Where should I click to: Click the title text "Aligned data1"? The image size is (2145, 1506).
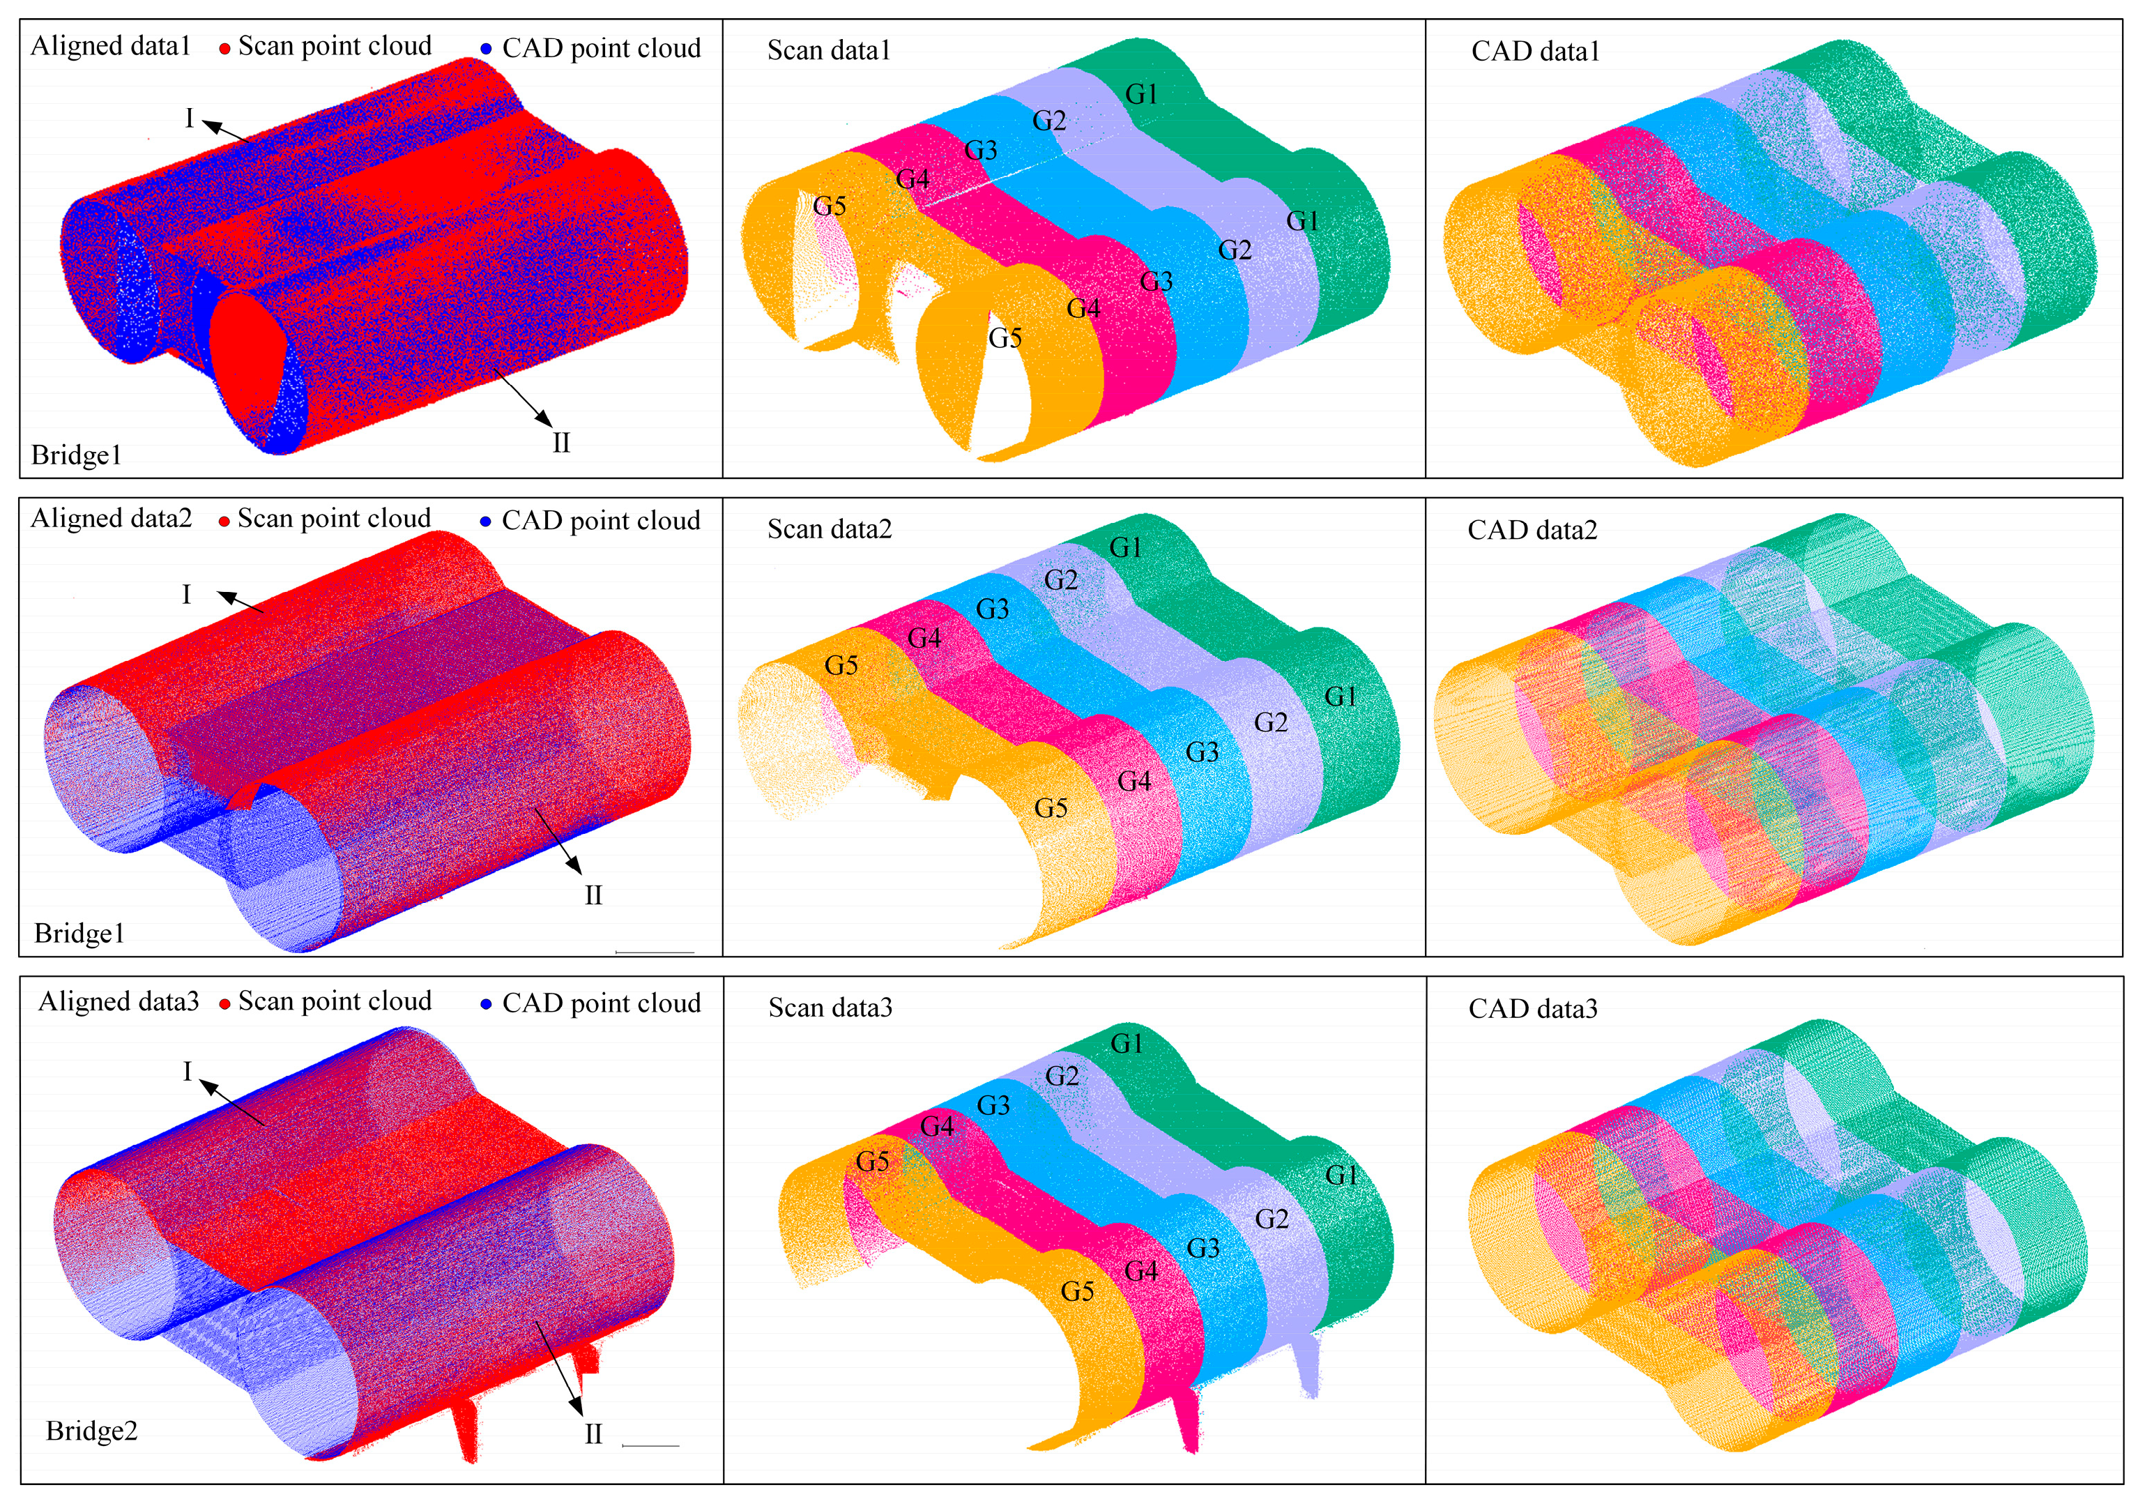coord(110,46)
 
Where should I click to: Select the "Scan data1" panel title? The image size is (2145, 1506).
coord(829,50)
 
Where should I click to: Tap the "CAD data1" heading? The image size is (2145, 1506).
coord(1535,52)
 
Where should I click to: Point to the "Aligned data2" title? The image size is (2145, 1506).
coord(111,519)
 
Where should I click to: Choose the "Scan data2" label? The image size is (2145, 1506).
coord(830,530)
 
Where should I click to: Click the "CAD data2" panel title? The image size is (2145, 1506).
coord(1532,531)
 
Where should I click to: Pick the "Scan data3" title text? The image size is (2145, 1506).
coord(830,1008)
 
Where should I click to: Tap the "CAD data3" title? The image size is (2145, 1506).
coord(1533,1009)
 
